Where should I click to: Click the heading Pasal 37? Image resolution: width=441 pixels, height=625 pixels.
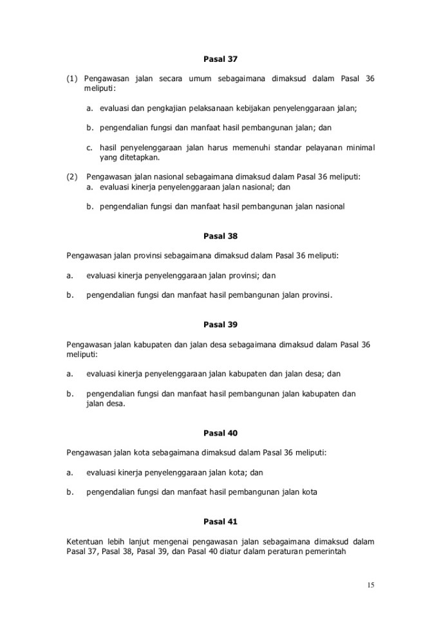(x=220, y=59)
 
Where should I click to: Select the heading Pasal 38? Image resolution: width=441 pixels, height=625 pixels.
(x=220, y=236)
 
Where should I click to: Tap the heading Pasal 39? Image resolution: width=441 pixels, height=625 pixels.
(x=220, y=324)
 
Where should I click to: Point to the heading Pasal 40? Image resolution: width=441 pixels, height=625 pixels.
(x=220, y=433)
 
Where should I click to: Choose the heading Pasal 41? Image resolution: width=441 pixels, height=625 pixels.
(x=220, y=521)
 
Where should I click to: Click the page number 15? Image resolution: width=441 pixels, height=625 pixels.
(x=370, y=585)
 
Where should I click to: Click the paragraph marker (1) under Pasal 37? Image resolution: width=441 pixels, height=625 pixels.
(x=72, y=79)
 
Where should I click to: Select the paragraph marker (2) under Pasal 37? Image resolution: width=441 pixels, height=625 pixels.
(x=72, y=176)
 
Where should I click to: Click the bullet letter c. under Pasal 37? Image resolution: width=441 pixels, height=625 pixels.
(x=89, y=148)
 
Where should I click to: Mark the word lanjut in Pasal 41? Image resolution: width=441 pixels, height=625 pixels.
(x=139, y=541)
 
